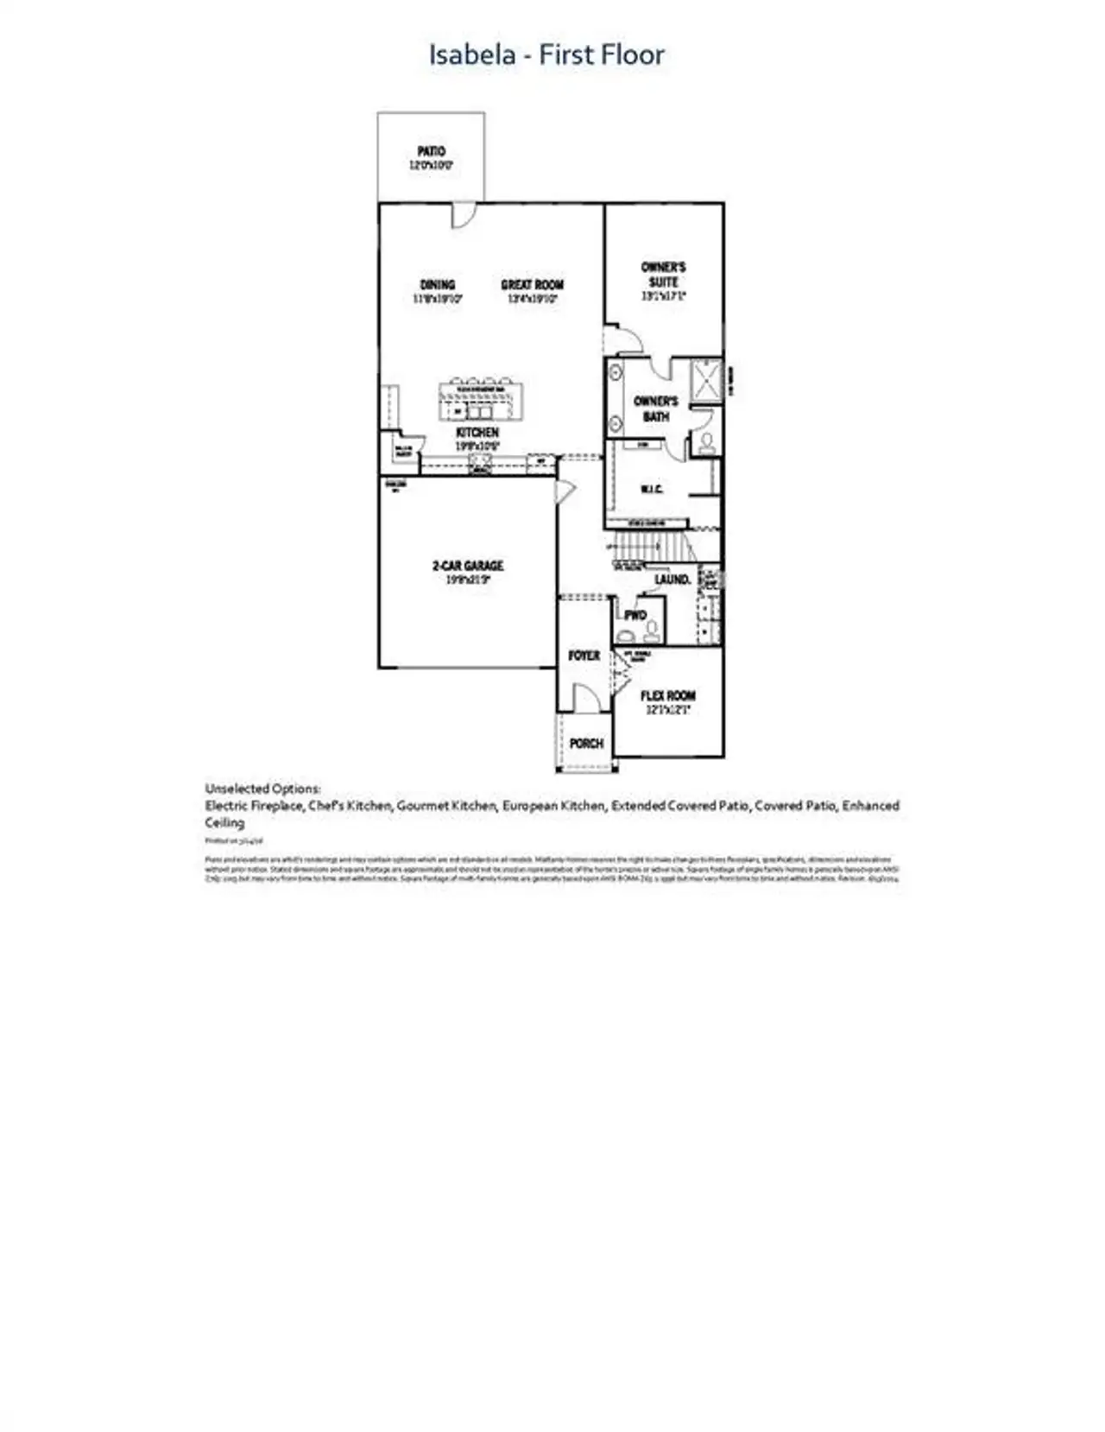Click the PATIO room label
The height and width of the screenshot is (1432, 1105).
pos(431,152)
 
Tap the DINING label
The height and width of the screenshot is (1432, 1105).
pos(437,285)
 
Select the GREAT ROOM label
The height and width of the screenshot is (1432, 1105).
pos(532,285)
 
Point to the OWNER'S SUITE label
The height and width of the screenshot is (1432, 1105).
pos(663,275)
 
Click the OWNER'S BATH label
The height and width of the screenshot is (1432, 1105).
pos(656,409)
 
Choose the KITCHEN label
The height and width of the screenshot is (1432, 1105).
pos(477,433)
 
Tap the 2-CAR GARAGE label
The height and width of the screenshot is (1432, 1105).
pos(467,567)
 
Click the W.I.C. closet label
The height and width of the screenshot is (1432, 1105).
pos(652,490)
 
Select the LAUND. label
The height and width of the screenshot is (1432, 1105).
pos(672,580)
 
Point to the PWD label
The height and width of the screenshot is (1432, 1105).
pos(635,616)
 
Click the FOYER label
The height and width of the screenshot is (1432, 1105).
pos(584,656)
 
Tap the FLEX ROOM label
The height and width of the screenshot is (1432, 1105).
pos(667,695)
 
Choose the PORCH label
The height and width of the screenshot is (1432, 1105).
pos(586,743)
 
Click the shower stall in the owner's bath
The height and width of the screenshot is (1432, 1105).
pos(706,380)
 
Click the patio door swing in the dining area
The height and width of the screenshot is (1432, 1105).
pos(463,215)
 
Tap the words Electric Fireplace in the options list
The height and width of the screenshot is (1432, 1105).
pos(254,806)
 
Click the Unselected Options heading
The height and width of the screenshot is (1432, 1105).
pos(262,789)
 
